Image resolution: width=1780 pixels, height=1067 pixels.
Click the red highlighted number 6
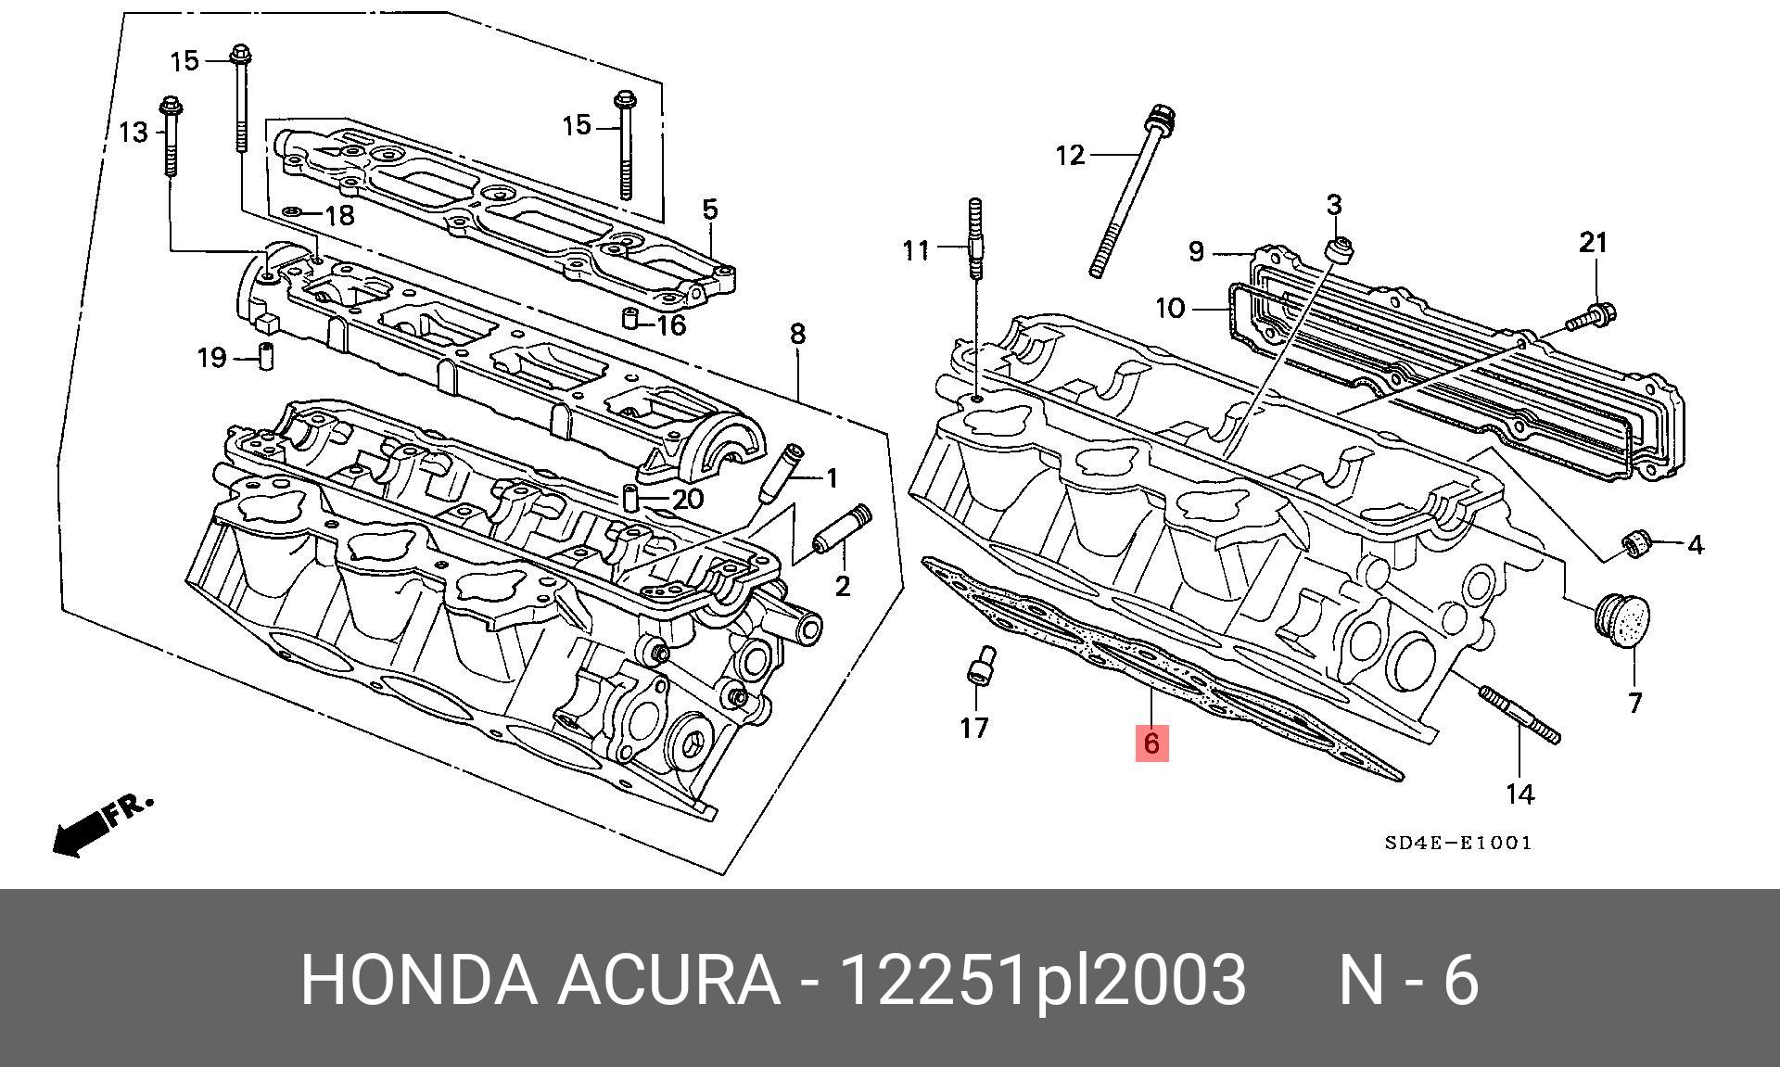1151,743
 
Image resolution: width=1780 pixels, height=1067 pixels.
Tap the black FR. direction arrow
79,832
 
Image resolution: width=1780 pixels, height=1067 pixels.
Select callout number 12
1070,154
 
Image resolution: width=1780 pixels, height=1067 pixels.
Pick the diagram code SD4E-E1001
1458,843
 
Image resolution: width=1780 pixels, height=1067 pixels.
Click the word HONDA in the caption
418,980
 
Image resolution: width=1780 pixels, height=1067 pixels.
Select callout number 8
797,334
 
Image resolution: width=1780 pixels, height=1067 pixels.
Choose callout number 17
974,728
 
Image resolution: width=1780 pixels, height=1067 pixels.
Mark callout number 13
133,133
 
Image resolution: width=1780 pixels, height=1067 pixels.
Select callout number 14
1519,794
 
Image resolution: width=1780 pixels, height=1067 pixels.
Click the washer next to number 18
292,213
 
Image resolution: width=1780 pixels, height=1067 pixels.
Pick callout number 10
1171,307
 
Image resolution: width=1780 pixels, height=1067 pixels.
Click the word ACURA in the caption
667,980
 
